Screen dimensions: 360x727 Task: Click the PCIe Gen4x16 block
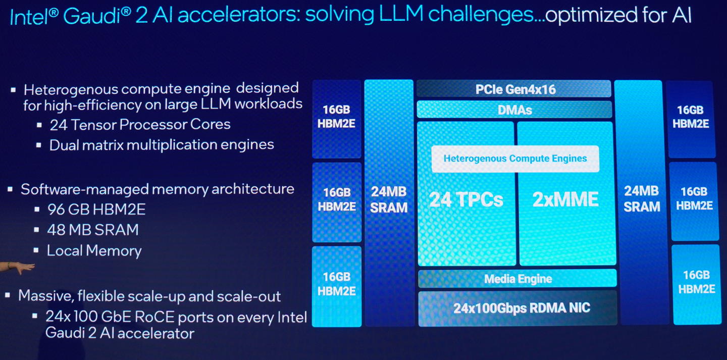(514, 89)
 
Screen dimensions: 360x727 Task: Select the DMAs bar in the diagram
(514, 110)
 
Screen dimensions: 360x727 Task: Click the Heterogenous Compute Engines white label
(515, 159)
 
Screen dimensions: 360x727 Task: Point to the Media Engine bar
(517, 279)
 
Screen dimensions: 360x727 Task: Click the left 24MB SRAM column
(389, 202)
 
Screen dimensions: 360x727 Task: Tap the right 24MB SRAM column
(642, 202)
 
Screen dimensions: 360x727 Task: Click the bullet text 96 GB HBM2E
(96, 209)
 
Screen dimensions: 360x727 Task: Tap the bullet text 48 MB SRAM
(92, 230)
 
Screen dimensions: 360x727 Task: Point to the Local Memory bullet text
(94, 251)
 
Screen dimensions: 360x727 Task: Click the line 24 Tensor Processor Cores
(140, 125)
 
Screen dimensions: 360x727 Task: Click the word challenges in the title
(485, 17)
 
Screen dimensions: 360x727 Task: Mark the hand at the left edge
(18, 267)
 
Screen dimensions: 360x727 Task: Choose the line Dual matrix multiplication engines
(162, 145)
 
